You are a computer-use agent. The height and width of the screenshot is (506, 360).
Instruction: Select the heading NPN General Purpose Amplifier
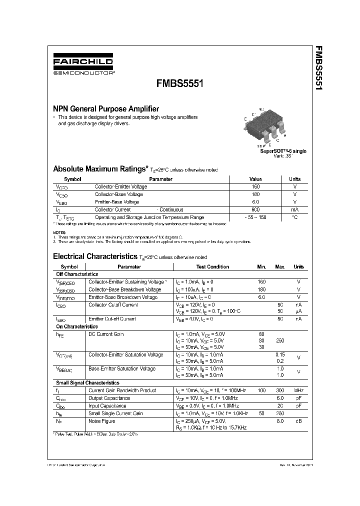pyautogui.click(x=106, y=108)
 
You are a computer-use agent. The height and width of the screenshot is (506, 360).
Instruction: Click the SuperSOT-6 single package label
pyautogui.click(x=283, y=151)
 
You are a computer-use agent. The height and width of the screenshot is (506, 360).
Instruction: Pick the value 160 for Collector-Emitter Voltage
pyautogui.click(x=255, y=186)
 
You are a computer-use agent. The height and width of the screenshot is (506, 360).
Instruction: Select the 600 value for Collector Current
pyautogui.click(x=255, y=210)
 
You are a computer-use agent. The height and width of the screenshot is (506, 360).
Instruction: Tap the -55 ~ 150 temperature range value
pyautogui.click(x=255, y=217)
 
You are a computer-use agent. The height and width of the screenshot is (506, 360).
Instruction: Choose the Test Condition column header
pyautogui.click(x=212, y=267)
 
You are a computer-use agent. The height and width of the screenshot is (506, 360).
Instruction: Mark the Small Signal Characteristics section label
pyautogui.click(x=87, y=382)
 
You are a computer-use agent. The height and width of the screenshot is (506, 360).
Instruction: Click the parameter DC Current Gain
pyautogui.click(x=106, y=334)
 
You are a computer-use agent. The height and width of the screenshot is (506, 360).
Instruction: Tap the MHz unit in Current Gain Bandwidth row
pyautogui.click(x=298, y=390)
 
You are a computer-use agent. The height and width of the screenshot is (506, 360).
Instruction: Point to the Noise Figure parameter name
pyautogui.click(x=102, y=421)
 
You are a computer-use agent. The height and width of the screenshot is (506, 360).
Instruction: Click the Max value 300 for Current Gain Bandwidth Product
pyautogui.click(x=280, y=390)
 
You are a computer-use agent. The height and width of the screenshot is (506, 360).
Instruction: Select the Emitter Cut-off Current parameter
pyautogui.click(x=112, y=318)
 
